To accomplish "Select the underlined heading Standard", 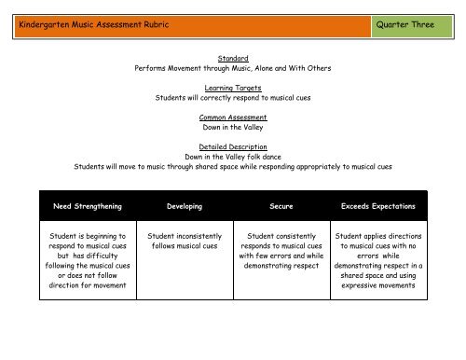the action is coord(233,57).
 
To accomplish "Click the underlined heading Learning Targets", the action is coord(233,87).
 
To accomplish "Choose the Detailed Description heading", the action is coord(233,146).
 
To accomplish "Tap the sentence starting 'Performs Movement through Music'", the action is coord(233,67).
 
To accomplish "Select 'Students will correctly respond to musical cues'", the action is coord(233,97).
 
